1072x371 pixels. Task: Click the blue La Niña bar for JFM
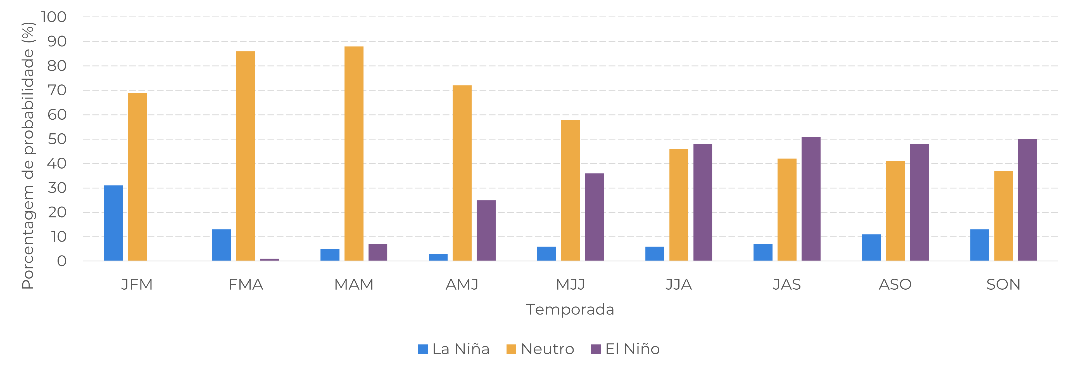[x=113, y=223]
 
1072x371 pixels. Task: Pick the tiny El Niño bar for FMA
[x=270, y=259]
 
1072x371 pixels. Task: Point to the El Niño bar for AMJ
[x=486, y=230]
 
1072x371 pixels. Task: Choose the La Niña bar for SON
[x=980, y=245]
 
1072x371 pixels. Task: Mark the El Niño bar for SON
[x=1028, y=200]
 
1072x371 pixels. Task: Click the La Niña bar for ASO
[x=871, y=247]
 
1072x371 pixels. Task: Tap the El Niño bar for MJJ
[x=594, y=217]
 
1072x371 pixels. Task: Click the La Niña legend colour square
[x=423, y=349]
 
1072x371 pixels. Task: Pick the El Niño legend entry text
[x=632, y=349]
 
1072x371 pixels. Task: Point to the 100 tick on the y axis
[x=54, y=17]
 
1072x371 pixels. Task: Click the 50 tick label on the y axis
[x=57, y=139]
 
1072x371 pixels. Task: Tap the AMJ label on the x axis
[x=462, y=284]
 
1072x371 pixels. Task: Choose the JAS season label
[x=786, y=284]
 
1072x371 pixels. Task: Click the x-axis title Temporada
[x=570, y=309]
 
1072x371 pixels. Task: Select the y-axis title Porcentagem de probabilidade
[x=28, y=156]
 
